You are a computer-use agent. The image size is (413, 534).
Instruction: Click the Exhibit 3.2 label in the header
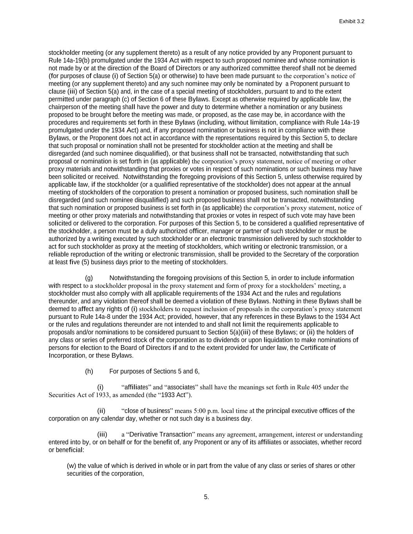point(352,22)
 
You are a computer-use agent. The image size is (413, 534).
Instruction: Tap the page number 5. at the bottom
point(206,497)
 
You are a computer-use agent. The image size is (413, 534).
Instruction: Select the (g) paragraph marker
point(89,278)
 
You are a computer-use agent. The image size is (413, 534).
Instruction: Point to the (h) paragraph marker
point(89,371)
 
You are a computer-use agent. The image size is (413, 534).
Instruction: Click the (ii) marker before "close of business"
point(101,411)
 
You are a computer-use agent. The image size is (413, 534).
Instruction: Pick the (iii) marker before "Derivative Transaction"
point(102,434)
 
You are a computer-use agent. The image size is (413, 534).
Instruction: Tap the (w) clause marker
point(72,466)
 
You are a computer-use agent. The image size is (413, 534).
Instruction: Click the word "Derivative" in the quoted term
point(144,434)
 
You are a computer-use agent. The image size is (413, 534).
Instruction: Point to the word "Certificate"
point(317,348)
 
